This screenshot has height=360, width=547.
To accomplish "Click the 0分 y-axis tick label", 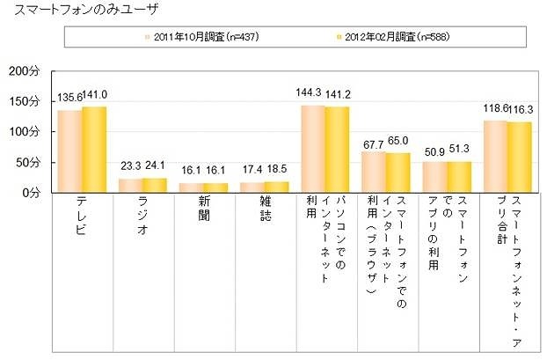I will point(30,192).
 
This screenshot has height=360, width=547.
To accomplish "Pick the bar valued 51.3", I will point(459,176).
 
